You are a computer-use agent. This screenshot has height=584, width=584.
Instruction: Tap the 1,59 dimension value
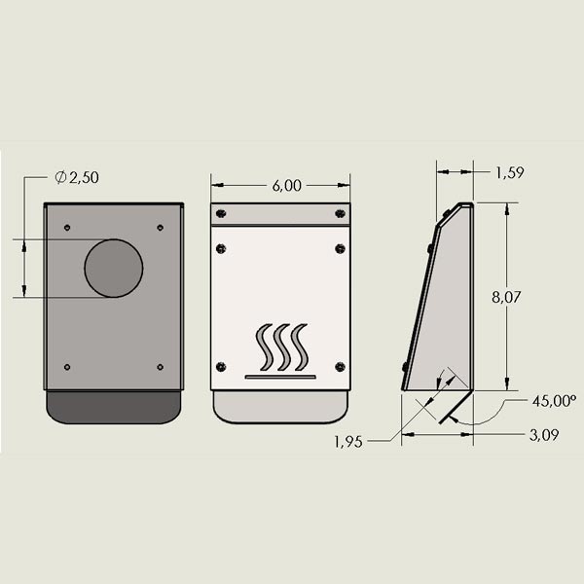510,173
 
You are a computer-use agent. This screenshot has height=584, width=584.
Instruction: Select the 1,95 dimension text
347,441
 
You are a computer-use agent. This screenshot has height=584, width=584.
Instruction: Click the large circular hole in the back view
113,268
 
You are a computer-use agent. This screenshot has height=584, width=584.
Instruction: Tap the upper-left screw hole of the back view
66,228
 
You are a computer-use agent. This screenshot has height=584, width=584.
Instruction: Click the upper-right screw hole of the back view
160,228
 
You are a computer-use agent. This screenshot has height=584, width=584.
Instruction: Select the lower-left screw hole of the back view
66,367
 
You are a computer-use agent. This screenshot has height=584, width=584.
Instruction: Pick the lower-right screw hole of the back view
160,367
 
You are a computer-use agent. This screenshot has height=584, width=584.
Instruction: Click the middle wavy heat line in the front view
283,347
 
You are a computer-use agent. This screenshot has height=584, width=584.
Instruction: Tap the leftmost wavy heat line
265,347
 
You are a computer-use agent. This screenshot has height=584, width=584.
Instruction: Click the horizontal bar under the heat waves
282,376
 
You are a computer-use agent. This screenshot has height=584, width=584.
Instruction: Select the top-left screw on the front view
221,213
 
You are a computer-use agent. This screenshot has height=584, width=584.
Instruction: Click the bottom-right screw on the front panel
340,366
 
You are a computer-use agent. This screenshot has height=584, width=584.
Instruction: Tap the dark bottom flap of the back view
113,407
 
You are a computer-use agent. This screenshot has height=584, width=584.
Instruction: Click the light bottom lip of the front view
280,407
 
